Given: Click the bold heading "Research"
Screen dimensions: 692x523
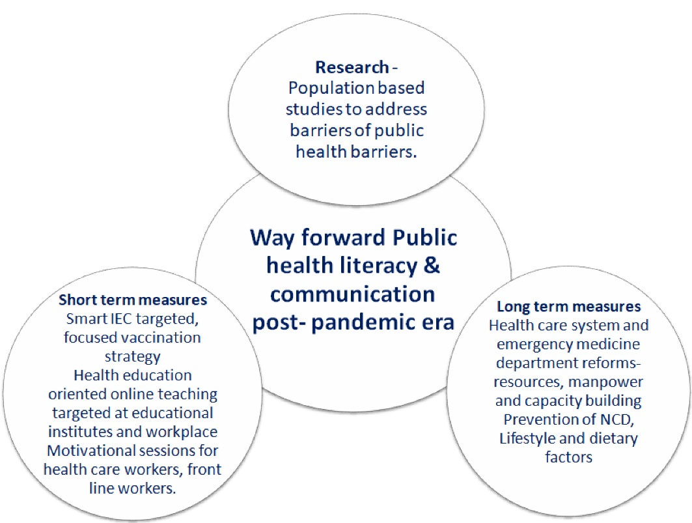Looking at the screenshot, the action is click(352, 67).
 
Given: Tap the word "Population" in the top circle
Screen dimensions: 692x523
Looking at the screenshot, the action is click(325, 89).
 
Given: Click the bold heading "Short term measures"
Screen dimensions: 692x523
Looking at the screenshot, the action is click(133, 300).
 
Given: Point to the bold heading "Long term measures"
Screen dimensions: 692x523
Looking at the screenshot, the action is click(569, 306).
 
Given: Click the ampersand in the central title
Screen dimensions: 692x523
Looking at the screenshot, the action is click(431, 266).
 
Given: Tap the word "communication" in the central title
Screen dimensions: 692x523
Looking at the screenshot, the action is click(353, 294).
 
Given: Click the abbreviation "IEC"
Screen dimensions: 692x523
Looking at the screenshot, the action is click(122, 318).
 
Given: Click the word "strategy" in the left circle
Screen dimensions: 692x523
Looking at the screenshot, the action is click(132, 357).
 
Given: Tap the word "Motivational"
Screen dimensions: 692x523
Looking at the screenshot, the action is click(90, 451).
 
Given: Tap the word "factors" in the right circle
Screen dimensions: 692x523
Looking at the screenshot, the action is click(568, 457).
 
